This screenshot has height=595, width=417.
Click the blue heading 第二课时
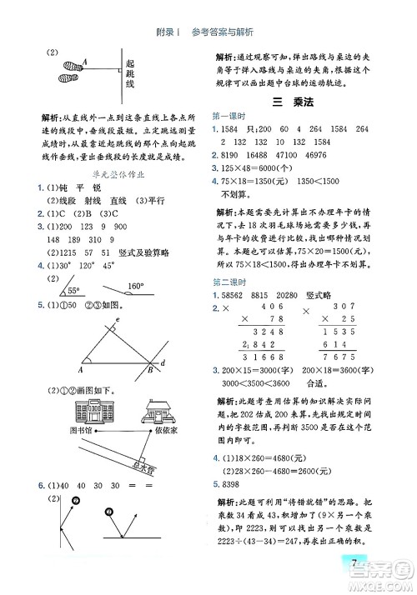229,282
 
